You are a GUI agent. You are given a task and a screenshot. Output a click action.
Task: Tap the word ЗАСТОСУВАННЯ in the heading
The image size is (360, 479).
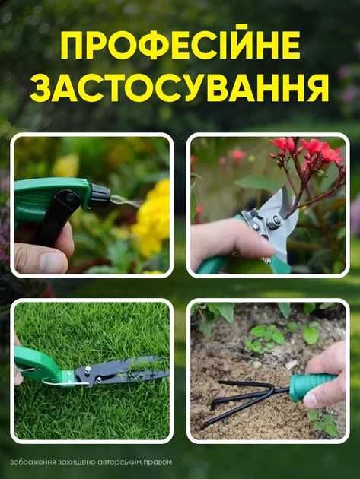pos(180,88)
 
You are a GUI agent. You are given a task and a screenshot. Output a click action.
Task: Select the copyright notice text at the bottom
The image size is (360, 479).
pos(91,462)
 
